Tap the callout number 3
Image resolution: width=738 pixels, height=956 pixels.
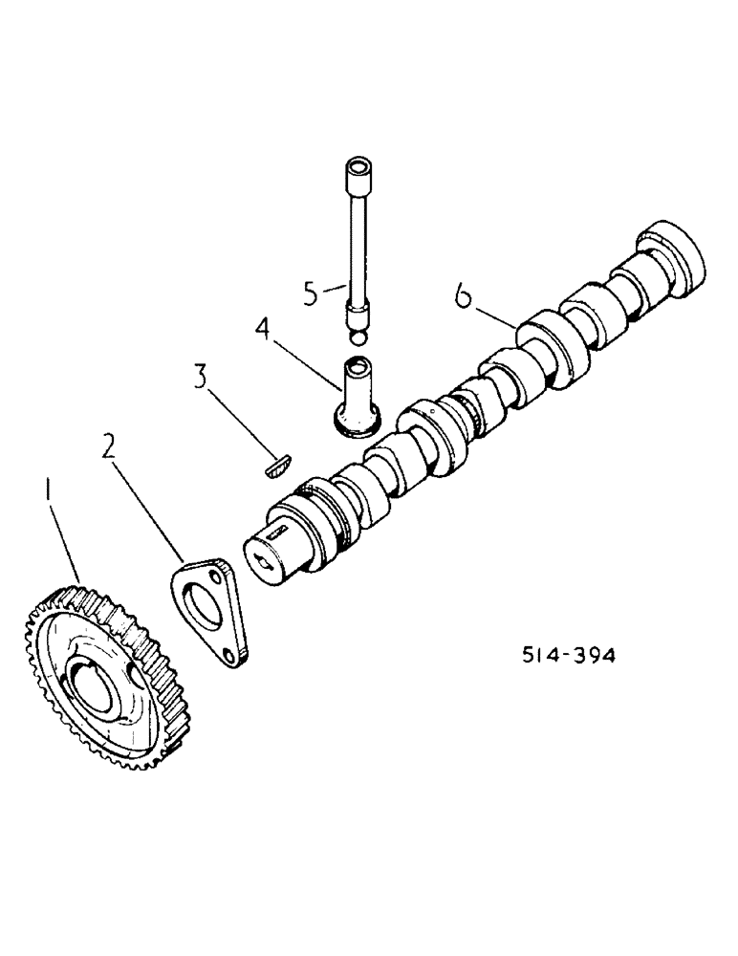[200, 376]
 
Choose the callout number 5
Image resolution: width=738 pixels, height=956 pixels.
[310, 293]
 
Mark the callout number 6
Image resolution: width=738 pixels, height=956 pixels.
[464, 298]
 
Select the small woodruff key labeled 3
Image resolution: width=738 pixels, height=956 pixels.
[273, 466]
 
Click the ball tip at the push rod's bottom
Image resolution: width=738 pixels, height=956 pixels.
[357, 337]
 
